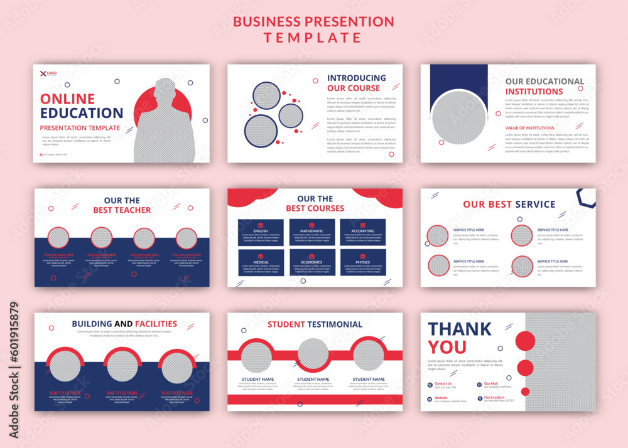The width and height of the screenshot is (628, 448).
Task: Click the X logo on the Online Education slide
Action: [x=43, y=73]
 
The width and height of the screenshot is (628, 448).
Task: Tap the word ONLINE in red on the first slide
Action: [x=67, y=99]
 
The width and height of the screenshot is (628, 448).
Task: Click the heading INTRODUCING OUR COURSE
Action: [x=356, y=83]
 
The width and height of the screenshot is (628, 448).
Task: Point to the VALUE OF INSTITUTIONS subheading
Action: [x=529, y=128]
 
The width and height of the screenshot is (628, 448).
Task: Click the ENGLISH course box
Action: [x=261, y=232]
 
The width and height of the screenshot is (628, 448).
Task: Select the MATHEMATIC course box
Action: [x=312, y=232]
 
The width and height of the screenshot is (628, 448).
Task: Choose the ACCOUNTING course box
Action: [x=363, y=232]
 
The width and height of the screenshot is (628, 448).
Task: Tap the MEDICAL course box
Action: [x=261, y=263]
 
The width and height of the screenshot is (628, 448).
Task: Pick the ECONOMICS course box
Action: [x=312, y=263]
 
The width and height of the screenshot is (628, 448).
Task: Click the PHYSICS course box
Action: [x=363, y=263]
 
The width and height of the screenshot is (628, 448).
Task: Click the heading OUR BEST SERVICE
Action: [x=509, y=204]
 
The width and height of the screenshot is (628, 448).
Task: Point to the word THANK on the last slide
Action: [x=460, y=329]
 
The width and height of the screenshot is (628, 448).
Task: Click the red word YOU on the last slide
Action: [x=447, y=347]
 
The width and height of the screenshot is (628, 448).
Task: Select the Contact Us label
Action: [x=443, y=383]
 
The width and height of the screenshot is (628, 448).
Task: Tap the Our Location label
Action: [x=494, y=397]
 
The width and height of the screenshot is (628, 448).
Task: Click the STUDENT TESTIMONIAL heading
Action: [x=315, y=324]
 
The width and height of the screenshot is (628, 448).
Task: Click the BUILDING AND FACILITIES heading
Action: [x=124, y=324]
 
